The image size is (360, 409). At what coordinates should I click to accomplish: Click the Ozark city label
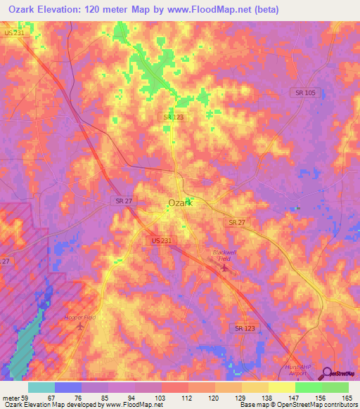click(x=180, y=203)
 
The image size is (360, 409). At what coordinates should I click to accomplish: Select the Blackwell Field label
click(x=226, y=255)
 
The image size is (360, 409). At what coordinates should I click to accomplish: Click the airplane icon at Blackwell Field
click(x=224, y=267)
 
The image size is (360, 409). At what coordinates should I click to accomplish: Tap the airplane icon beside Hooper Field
click(x=79, y=325)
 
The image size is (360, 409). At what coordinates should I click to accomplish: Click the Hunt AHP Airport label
click(x=301, y=370)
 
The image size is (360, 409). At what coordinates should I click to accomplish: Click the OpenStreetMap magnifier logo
click(x=326, y=374)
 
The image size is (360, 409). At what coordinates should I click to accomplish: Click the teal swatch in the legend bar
click(x=41, y=387)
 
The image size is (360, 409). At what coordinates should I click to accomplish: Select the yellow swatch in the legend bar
click(x=281, y=387)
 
